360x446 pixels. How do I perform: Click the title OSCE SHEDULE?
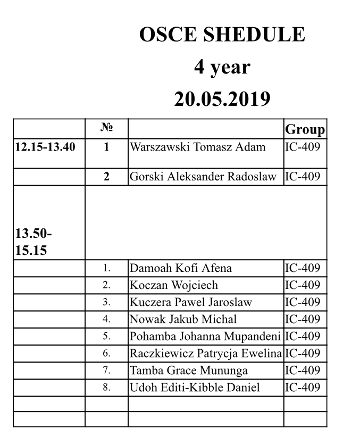coord(222,35)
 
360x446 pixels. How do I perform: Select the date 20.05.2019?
coord(222,99)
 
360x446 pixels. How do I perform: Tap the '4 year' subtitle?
coord(222,67)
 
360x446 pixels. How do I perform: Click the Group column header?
coord(305,130)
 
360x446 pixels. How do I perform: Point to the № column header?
coord(106,128)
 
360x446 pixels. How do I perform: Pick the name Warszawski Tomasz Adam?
coord(198,147)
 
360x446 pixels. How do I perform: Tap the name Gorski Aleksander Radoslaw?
coord(203,177)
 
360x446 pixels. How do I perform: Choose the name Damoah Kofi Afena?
coord(181,268)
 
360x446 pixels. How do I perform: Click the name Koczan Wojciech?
coord(174,285)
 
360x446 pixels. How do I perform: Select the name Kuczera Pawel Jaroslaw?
coord(191,302)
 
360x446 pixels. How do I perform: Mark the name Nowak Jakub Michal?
coord(183,319)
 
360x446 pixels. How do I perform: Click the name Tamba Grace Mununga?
coord(189,370)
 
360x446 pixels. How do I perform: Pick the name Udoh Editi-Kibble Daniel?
coord(195,387)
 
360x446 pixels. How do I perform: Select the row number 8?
coord(106,387)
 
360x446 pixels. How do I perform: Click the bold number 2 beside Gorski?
coord(106,177)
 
